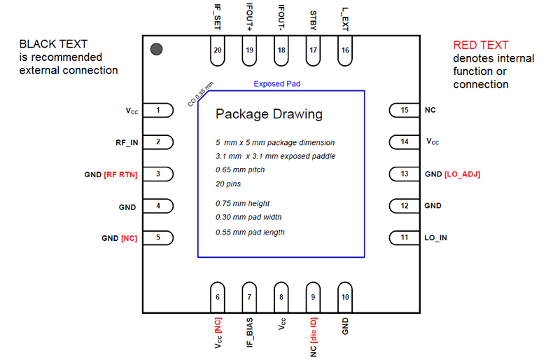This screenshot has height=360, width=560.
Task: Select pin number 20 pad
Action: [x=218, y=51]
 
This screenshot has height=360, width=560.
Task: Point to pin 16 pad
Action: [x=345, y=51]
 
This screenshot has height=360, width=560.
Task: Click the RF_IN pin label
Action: [x=127, y=142]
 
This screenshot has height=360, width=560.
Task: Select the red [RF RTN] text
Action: [x=120, y=174]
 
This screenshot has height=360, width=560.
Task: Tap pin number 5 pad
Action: [x=159, y=237]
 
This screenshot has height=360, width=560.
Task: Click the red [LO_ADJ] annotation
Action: [x=462, y=174]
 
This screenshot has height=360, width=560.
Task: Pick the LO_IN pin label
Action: [x=437, y=237]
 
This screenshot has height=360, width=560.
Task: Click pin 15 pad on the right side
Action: [x=404, y=111]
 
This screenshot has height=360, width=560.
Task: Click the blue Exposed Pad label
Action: [x=277, y=84]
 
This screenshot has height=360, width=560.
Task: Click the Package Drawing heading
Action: [x=268, y=113]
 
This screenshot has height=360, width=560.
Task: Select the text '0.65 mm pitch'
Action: [x=241, y=170]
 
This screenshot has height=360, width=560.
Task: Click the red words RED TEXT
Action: [x=481, y=45]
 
